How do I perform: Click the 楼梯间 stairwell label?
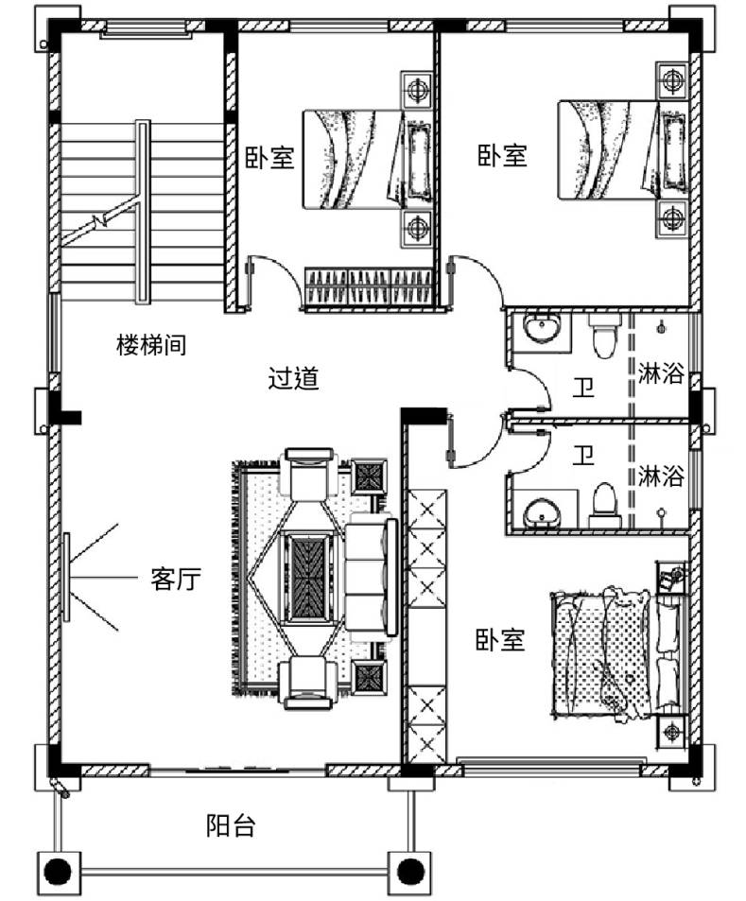point(151,345)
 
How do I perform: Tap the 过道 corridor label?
point(293,378)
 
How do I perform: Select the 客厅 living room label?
point(176,579)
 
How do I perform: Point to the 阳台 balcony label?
point(231,825)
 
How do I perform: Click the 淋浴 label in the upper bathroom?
point(661,373)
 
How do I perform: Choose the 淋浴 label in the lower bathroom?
point(661,476)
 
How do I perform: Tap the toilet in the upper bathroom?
point(604,336)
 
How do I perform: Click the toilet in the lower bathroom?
point(604,506)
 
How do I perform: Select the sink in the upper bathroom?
point(541,329)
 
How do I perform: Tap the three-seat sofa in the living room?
point(372,577)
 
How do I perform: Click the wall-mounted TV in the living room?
point(67,577)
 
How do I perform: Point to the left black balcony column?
point(58,872)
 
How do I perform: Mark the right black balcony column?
point(409,872)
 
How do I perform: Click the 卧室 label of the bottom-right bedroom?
point(500,639)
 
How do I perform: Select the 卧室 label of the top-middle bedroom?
point(269,157)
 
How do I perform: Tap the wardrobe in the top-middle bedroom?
point(369,286)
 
